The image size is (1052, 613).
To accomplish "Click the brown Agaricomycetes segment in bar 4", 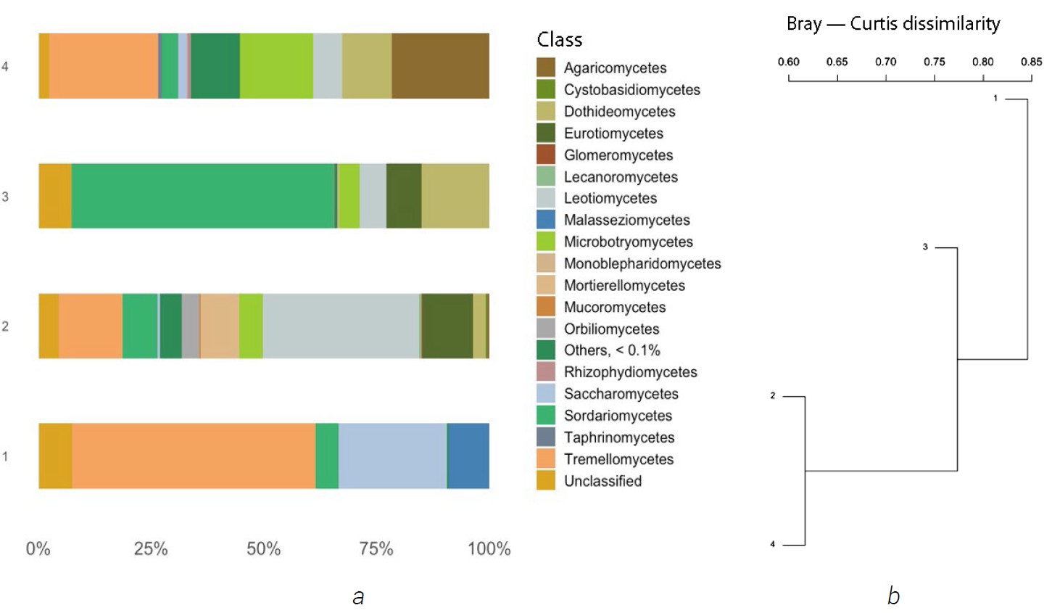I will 440,66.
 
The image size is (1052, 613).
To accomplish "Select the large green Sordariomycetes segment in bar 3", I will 203,196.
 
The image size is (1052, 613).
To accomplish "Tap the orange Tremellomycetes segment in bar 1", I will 194,456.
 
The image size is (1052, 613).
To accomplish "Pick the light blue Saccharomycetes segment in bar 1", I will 392,456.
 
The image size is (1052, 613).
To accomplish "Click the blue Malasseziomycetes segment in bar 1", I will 468,456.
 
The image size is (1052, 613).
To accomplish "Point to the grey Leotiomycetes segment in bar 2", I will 341,326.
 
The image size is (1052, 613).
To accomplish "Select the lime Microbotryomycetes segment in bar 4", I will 276,66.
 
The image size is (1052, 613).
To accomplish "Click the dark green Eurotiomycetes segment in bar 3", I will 404,196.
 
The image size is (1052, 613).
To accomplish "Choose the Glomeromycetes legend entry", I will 618,155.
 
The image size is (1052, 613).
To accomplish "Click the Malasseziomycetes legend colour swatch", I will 546,220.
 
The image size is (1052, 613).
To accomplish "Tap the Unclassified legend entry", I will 602,481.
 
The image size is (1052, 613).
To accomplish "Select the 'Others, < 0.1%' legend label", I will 612,350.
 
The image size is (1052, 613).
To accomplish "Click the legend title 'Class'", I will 559,39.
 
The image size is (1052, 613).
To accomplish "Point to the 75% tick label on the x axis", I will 376,549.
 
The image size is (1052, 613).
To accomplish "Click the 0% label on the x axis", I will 38,549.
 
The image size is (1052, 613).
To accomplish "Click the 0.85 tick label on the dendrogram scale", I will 1031,62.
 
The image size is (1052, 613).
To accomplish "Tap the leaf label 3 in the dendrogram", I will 925,247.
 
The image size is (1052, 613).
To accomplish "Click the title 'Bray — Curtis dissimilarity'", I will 893,24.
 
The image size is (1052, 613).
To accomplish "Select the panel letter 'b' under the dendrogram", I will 893,596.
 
